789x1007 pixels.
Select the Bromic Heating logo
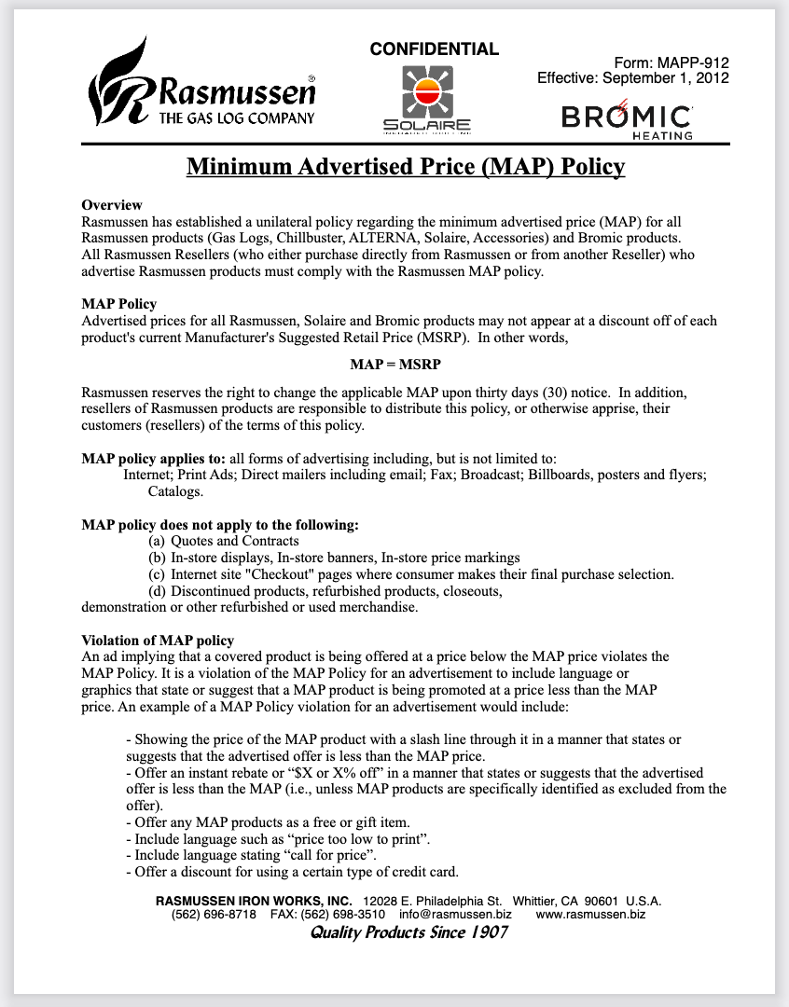pos(627,120)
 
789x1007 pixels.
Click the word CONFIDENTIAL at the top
pos(435,49)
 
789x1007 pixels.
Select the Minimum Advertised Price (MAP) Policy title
pos(406,167)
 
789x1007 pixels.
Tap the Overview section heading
pos(112,205)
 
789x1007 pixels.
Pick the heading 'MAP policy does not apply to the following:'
pos(220,525)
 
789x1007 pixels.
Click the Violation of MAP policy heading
pos(158,641)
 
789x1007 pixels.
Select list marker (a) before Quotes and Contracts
pos(157,541)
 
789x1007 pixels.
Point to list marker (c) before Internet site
pos(157,574)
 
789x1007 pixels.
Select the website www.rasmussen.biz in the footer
pos(590,915)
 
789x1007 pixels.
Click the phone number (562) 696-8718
pos(214,915)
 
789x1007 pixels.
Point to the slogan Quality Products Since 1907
pos(408,932)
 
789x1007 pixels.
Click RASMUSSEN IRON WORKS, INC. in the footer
pos(254,901)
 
